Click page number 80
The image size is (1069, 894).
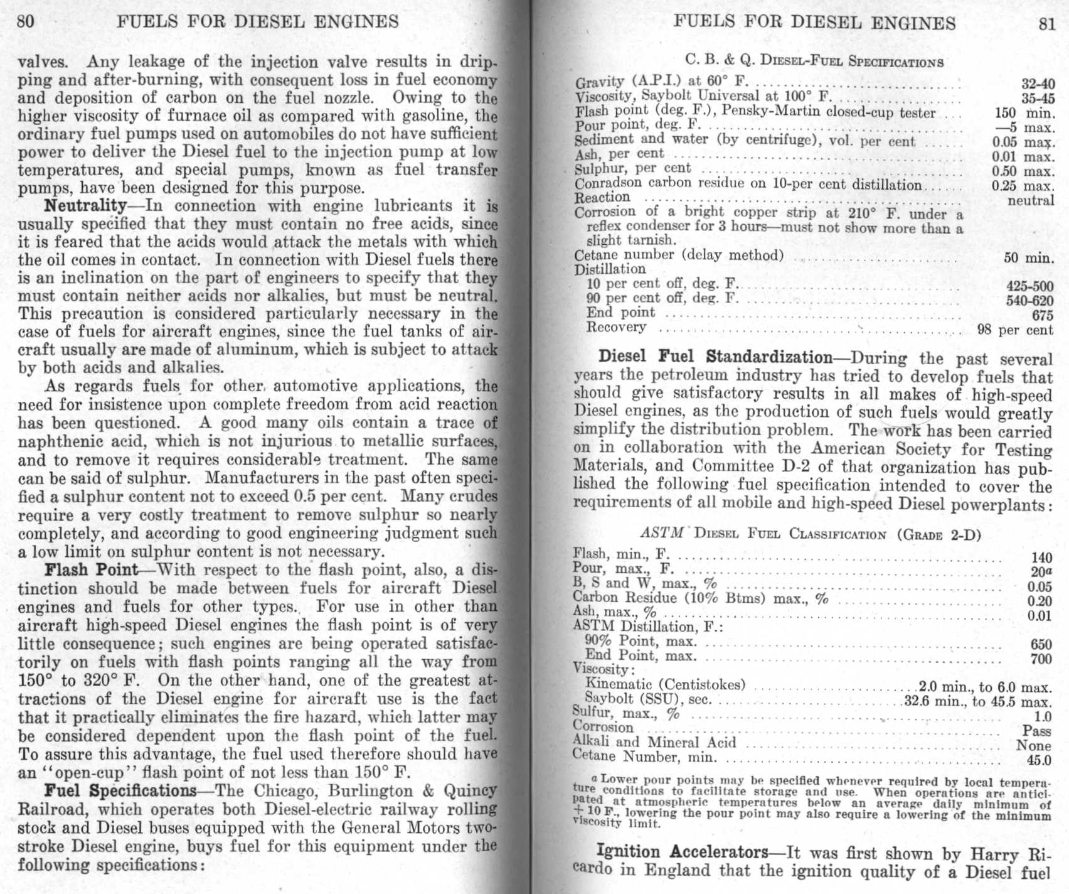[26, 21]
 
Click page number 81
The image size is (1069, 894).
[1046, 23]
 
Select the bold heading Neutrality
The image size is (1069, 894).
[85, 206]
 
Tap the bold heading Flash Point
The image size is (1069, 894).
[91, 570]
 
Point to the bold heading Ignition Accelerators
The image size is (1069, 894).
[682, 852]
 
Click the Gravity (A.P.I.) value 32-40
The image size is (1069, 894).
[1038, 84]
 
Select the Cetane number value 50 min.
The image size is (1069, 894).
[1029, 257]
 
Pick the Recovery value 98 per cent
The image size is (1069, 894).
[1015, 330]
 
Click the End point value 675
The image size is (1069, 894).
[1042, 315]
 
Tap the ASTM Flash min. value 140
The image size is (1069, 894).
[1041, 557]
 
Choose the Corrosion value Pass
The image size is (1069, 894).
[1036, 731]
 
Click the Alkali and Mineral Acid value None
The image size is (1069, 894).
[1033, 746]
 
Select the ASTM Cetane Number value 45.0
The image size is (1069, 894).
[1038, 761]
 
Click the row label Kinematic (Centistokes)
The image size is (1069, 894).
[665, 684]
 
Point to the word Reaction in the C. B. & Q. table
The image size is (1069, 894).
[602, 197]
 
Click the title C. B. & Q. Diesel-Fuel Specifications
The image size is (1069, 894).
[814, 61]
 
